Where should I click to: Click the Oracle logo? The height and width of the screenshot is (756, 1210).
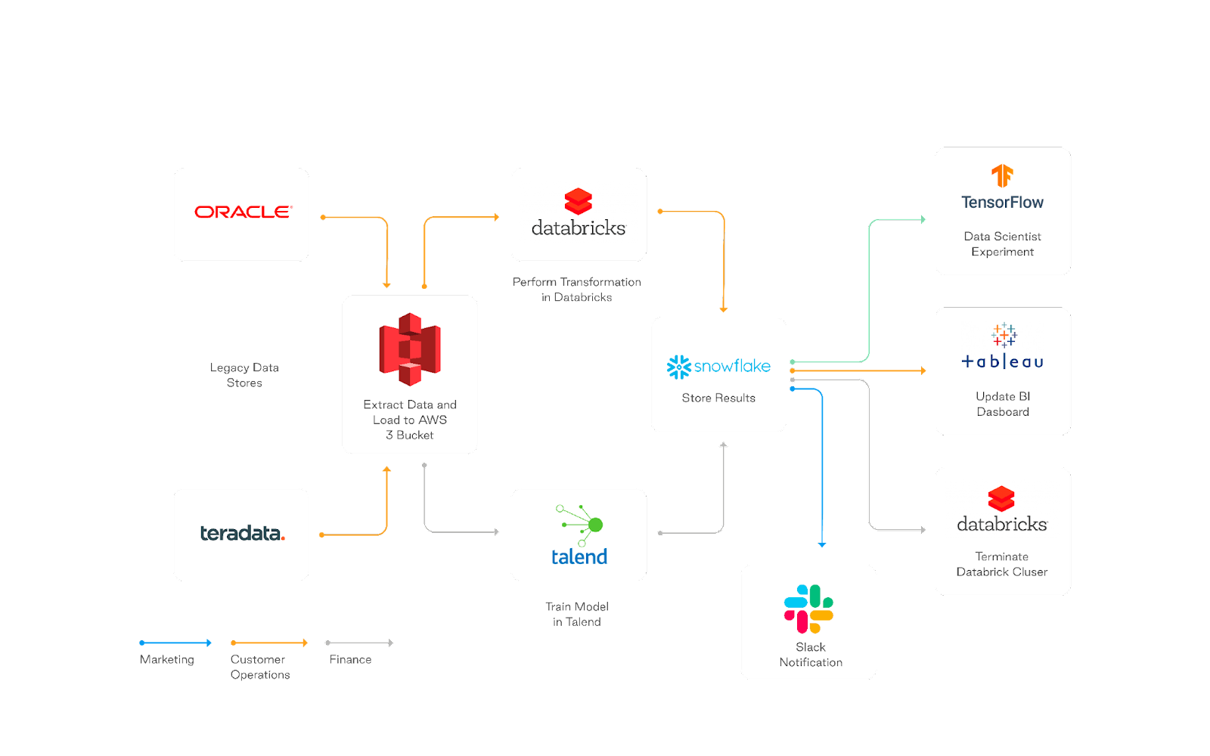point(243,212)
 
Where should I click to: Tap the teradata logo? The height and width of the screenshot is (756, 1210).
point(242,533)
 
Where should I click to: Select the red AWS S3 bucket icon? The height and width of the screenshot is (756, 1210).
point(410,349)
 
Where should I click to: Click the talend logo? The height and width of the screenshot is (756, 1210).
point(579,536)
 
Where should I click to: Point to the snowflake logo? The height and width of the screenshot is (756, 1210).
point(718,367)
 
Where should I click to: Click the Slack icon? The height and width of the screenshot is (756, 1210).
point(808,609)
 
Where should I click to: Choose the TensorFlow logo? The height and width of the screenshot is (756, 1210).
point(1002,187)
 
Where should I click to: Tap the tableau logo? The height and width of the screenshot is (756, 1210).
point(1003,347)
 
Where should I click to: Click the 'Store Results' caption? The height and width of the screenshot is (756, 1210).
point(718,398)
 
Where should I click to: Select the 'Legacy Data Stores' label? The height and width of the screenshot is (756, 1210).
point(244,375)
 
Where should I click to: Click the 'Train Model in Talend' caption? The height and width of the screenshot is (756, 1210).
point(577,615)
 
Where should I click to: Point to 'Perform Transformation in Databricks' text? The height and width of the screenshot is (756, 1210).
point(577,290)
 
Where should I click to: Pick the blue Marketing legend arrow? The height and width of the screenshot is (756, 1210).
point(175,643)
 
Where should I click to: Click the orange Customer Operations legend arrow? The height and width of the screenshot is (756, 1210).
point(269,643)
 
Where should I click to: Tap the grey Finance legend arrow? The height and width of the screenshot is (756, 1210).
point(359,643)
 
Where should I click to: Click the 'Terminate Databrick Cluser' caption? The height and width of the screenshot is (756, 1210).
point(1002,564)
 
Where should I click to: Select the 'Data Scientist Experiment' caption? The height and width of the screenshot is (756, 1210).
point(1003,244)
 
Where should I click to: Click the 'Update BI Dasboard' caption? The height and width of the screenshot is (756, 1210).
point(1003,404)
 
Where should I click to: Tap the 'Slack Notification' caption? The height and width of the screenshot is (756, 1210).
point(811,655)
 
